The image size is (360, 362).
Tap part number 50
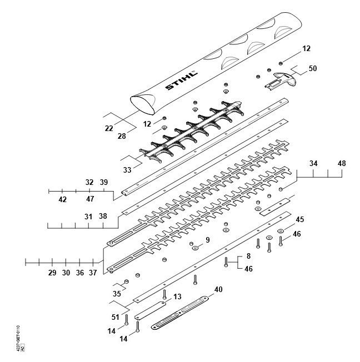(x=313, y=68)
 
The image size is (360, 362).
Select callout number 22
(x=109, y=128)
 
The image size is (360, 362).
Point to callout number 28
(x=122, y=136)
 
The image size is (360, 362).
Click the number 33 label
(x=127, y=170)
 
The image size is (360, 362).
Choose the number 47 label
(x=90, y=199)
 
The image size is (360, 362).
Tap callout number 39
(x=103, y=183)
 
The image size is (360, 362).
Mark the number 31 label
(x=89, y=216)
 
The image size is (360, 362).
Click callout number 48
(x=341, y=164)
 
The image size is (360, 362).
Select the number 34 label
(x=314, y=164)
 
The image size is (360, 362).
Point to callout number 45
(x=299, y=219)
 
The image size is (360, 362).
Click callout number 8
(x=248, y=257)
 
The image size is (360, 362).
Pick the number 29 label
(x=52, y=273)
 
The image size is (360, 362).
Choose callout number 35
(x=117, y=294)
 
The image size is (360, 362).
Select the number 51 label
(x=116, y=317)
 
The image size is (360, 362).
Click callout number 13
(x=177, y=297)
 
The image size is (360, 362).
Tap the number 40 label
(x=218, y=289)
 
